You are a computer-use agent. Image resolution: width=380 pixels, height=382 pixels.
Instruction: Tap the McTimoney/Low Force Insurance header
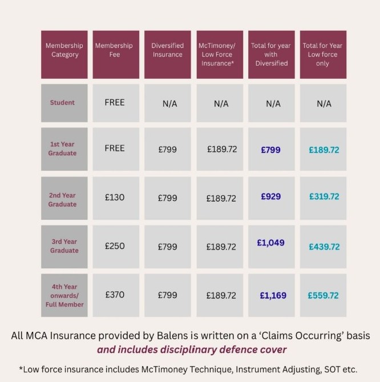coord(221,54)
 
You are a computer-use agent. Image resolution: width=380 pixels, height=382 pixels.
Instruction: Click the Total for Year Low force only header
coord(322,54)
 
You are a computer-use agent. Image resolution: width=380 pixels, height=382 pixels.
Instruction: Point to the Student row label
coord(62,103)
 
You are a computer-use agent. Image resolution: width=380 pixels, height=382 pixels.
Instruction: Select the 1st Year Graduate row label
coord(62,149)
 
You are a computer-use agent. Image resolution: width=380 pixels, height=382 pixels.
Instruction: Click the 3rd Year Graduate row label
coord(64,246)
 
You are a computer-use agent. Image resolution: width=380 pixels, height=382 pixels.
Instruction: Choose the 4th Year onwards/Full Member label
coord(64,296)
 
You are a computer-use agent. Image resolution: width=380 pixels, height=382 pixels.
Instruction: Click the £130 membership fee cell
coord(115,198)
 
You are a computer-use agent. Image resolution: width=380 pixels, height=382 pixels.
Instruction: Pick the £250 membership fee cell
coord(115,246)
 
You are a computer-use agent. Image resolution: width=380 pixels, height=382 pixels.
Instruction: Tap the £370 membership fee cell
coord(115,295)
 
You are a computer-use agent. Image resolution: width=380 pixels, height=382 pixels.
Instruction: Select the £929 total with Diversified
coord(270,196)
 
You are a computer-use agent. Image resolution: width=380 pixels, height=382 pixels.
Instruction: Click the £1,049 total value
coord(270,243)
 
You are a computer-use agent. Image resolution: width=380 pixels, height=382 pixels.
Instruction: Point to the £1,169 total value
coord(273,296)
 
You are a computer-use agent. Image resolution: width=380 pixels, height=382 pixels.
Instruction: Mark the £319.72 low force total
coord(324,196)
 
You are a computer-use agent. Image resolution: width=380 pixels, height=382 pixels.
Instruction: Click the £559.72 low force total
coord(323,296)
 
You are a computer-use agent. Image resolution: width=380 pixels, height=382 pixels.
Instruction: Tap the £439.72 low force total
coord(324,247)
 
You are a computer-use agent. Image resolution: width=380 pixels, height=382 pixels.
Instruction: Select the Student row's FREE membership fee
coord(115,103)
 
